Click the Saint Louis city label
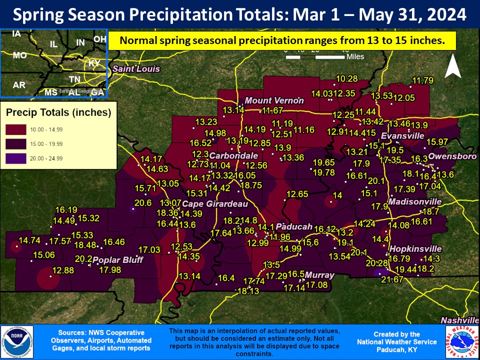pos(136,68)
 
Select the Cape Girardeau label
pos(214,204)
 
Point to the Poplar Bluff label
pos(118,260)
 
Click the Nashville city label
pos(459,320)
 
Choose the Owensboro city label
pos(452,156)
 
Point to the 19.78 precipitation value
pos(323,172)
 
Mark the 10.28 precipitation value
pos(346,78)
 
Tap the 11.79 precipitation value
pos(422,80)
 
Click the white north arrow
pos(453,66)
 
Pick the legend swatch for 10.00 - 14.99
pos(16,129)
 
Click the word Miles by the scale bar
pos(355,56)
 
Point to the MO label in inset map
pos(19,55)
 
